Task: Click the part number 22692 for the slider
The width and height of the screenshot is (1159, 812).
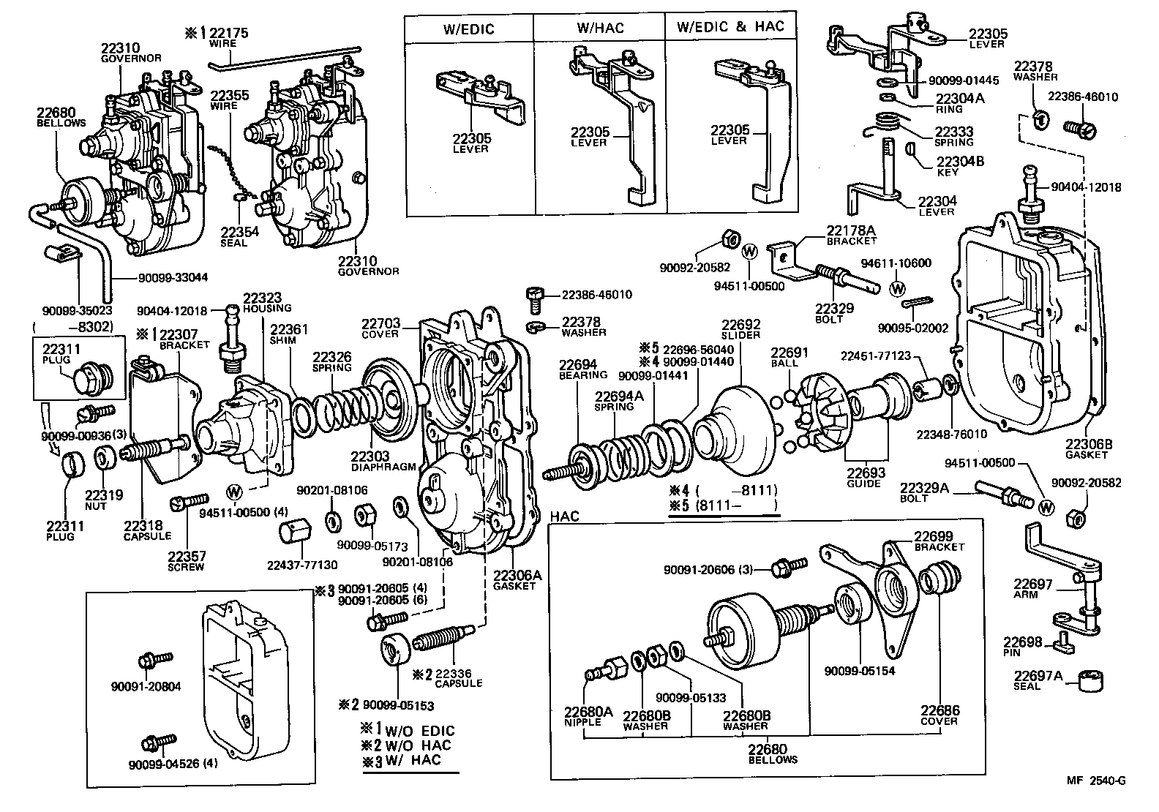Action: click(741, 324)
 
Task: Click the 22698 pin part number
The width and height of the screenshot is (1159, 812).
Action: click(1021, 642)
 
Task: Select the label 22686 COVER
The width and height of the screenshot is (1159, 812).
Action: click(939, 715)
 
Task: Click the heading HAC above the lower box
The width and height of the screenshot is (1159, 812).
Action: click(563, 517)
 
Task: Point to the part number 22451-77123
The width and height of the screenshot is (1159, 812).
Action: click(875, 356)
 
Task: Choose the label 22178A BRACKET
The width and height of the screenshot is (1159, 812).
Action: click(851, 235)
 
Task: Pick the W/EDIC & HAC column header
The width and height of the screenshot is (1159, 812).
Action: click(730, 27)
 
